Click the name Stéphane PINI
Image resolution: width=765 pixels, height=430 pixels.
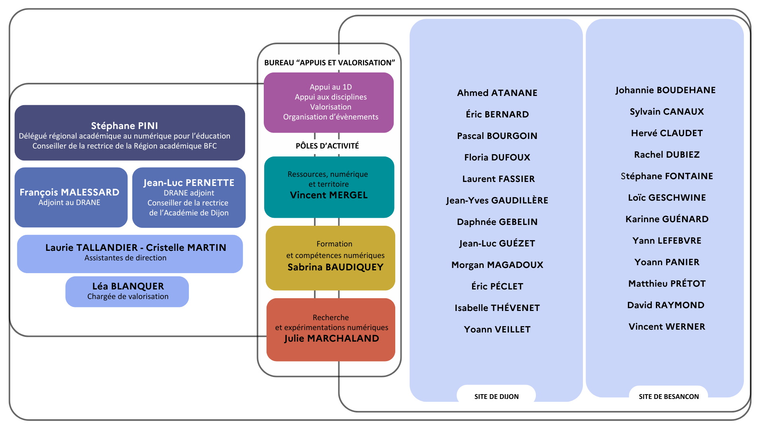124,126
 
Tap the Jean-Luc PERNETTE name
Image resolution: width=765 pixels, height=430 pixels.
189,183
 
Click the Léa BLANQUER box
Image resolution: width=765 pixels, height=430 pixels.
127,291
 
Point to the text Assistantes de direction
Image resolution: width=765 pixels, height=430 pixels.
126,258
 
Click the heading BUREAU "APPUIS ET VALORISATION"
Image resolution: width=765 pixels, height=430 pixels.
330,63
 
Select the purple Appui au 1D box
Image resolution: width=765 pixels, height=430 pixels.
329,102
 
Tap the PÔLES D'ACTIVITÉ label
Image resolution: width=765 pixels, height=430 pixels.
327,146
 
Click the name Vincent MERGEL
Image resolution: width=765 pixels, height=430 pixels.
329,195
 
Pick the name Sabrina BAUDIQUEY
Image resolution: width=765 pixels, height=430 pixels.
335,267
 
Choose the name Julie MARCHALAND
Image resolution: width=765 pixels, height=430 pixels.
331,338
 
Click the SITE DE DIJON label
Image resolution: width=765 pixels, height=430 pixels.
496,397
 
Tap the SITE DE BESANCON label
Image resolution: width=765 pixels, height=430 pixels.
669,397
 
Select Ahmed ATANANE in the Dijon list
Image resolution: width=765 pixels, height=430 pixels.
497,93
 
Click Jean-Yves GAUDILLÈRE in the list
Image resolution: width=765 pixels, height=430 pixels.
497,200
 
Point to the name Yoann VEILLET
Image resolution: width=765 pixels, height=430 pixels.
497,329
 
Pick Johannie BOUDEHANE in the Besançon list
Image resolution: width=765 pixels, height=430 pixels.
665,90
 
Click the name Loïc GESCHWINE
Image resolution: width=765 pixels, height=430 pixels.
667,197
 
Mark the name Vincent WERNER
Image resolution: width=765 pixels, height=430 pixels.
667,326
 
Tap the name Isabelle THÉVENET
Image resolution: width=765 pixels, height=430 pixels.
497,308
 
